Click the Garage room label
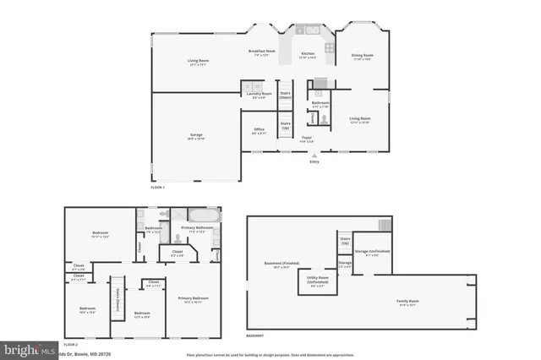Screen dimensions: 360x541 click(x=195, y=136)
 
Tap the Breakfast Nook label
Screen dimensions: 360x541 click(x=262, y=52)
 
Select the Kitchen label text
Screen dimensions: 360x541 click(x=308, y=54)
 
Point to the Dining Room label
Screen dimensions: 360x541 click(x=362, y=56)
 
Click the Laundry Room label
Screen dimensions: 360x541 click(x=260, y=94)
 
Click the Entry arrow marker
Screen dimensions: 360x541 click(x=314, y=155)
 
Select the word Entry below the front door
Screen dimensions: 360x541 click(x=314, y=163)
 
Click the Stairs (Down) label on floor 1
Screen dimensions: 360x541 click(x=286, y=94)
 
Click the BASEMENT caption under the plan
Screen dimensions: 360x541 click(x=256, y=335)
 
